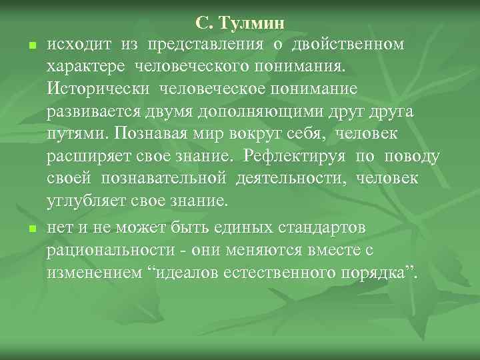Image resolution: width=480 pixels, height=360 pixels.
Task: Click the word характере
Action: pos(86,67)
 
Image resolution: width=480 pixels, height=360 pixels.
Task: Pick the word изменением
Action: pos(90,273)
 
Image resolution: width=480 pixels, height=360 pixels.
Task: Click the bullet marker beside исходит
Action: pos(31,46)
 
